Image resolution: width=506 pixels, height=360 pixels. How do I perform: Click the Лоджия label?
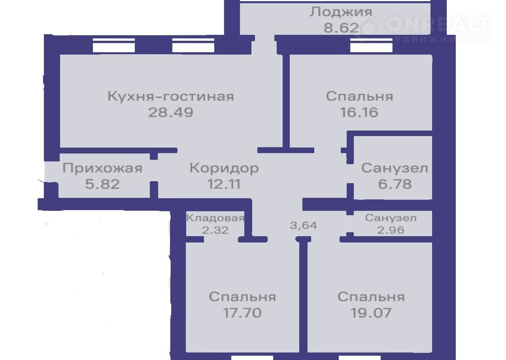(x=341, y=12)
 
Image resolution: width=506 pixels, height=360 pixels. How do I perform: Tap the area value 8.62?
(x=341, y=28)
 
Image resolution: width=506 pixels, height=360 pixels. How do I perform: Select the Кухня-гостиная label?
(x=171, y=97)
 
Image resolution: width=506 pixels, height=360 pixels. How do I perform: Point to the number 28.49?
(x=171, y=112)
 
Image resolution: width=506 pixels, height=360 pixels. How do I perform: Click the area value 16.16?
(x=359, y=112)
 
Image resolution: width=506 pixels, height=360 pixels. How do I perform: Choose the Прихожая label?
(x=102, y=169)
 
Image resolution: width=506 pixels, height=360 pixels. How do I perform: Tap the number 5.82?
(x=102, y=184)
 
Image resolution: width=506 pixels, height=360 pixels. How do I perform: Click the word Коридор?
(x=224, y=169)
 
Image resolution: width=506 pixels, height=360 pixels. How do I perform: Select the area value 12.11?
(x=224, y=184)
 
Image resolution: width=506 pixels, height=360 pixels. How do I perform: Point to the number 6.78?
(x=395, y=184)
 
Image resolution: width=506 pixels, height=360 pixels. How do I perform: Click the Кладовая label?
(x=215, y=218)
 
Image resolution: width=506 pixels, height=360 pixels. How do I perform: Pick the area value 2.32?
(x=215, y=230)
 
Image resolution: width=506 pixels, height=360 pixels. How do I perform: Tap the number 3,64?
(x=303, y=225)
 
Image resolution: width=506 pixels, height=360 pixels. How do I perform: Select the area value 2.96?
(x=391, y=230)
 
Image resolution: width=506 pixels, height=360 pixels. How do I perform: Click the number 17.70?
(x=242, y=313)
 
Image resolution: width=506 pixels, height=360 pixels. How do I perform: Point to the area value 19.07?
(x=371, y=313)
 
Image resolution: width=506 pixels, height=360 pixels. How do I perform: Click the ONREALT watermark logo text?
(x=438, y=24)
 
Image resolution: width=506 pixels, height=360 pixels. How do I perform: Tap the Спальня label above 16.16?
(x=360, y=97)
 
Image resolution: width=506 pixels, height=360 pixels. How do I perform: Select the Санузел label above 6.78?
(x=395, y=169)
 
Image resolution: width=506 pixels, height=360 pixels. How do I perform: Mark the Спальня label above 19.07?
(x=371, y=297)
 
